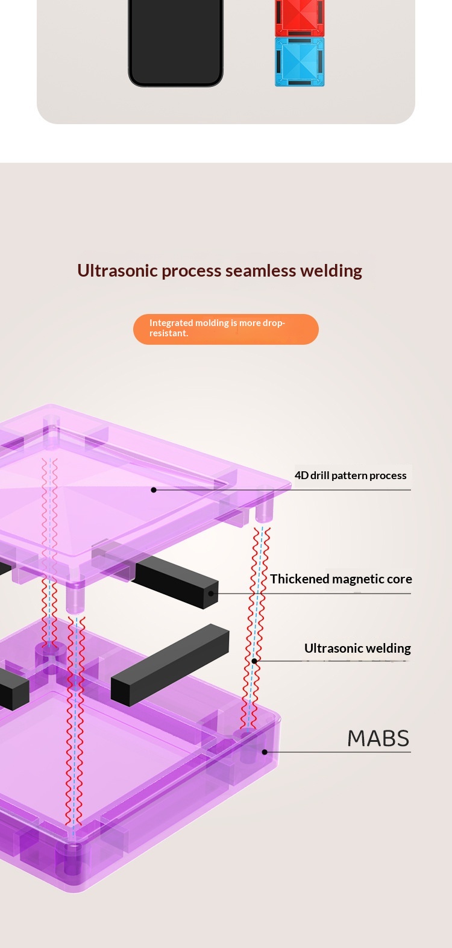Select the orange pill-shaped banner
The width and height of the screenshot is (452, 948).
[225, 329]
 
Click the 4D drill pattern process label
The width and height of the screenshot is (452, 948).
[350, 476]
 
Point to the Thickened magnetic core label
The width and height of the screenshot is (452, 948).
[341, 579]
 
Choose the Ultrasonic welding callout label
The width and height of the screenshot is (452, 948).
[357, 648]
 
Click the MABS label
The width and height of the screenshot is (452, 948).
[378, 738]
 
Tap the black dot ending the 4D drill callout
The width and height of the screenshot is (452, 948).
[154, 490]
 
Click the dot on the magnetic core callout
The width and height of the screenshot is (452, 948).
[211, 594]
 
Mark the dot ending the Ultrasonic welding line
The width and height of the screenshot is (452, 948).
[254, 661]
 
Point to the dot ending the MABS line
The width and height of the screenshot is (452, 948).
[265, 752]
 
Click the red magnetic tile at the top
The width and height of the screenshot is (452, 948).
[300, 17]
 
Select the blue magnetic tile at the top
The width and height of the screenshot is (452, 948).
[300, 61]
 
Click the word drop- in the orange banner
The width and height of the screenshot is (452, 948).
[274, 323]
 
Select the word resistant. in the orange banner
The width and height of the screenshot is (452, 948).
[169, 333]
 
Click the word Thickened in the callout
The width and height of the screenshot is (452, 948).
[300, 579]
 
